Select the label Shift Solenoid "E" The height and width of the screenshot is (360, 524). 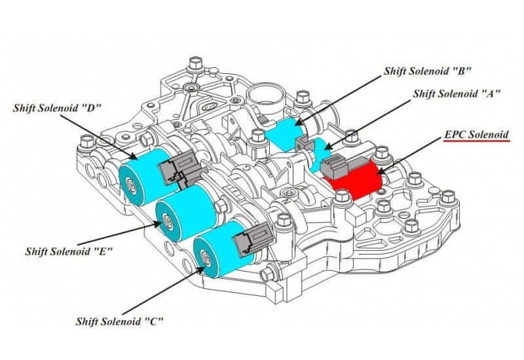click(69, 251)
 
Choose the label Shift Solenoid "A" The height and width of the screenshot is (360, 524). click(457, 94)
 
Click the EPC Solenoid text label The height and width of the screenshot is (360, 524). click(476, 135)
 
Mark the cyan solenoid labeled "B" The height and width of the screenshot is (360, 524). click(282, 131)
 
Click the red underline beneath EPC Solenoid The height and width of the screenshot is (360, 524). click(476, 142)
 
